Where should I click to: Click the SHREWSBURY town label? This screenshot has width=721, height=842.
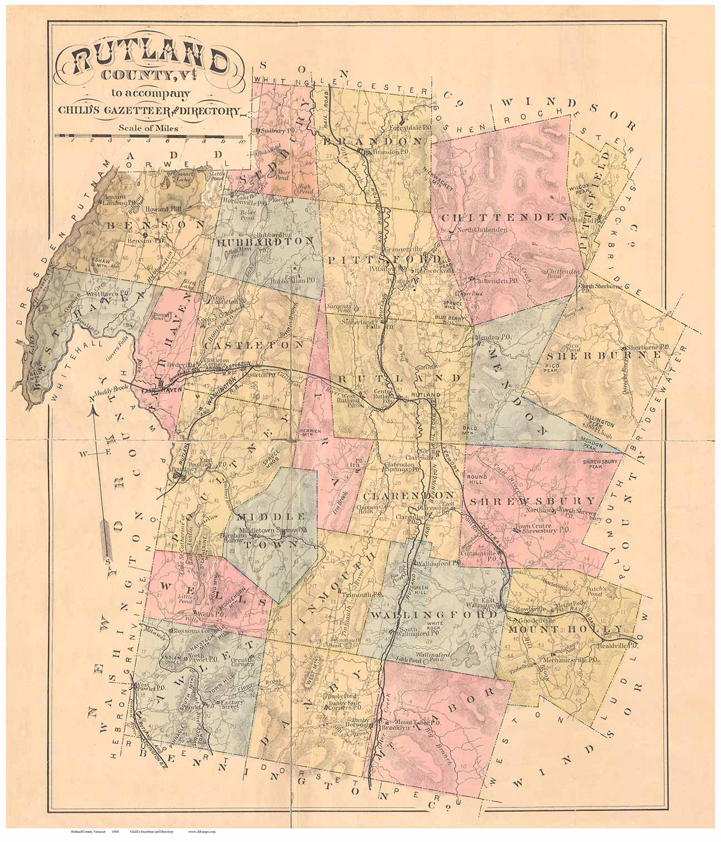532,500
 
